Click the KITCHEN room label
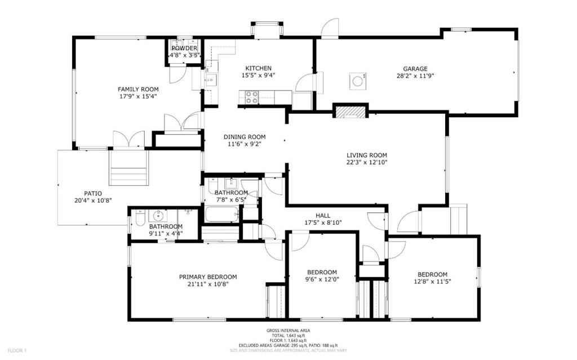[258, 68]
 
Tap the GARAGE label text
[415, 69]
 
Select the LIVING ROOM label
[367, 155]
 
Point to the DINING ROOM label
[245, 137]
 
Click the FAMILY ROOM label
[138, 90]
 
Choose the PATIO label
[93, 194]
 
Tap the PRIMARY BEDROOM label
[208, 277]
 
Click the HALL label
[323, 216]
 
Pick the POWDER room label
[184, 48]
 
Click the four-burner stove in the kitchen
[252, 97]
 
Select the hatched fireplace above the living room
[350, 112]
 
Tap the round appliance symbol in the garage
[357, 81]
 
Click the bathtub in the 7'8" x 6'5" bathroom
[222, 214]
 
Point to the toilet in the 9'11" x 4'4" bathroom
[140, 218]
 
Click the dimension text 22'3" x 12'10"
[367, 162]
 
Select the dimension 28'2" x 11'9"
[415, 76]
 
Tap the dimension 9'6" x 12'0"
[322, 279]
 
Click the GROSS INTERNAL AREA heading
[288, 331]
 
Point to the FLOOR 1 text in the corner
[17, 350]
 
